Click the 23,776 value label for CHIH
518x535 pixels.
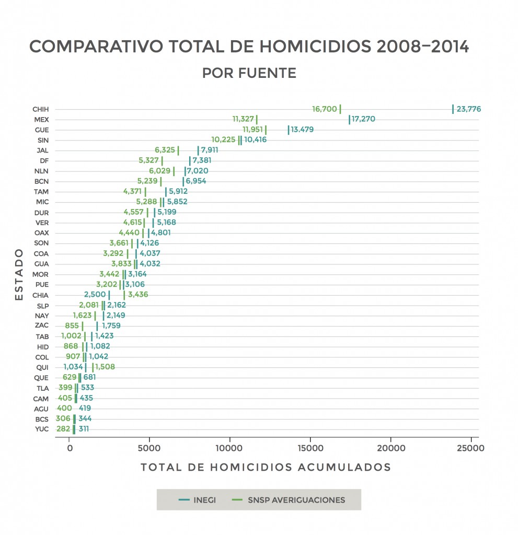click(469, 109)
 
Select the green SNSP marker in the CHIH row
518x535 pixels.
click(340, 109)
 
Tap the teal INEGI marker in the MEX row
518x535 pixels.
click(349, 120)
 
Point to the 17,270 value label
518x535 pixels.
click(363, 120)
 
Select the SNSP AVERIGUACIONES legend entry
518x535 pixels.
click(288, 499)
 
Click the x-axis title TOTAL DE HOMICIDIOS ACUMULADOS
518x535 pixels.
click(266, 467)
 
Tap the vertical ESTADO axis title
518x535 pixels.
click(19, 274)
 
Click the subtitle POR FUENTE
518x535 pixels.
click(249, 73)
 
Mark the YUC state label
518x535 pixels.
click(41, 429)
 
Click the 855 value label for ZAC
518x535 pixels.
click(72, 326)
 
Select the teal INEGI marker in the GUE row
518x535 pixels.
click(288, 130)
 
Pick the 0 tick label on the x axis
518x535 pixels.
click(70, 448)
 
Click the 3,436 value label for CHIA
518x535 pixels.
click(137, 295)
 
